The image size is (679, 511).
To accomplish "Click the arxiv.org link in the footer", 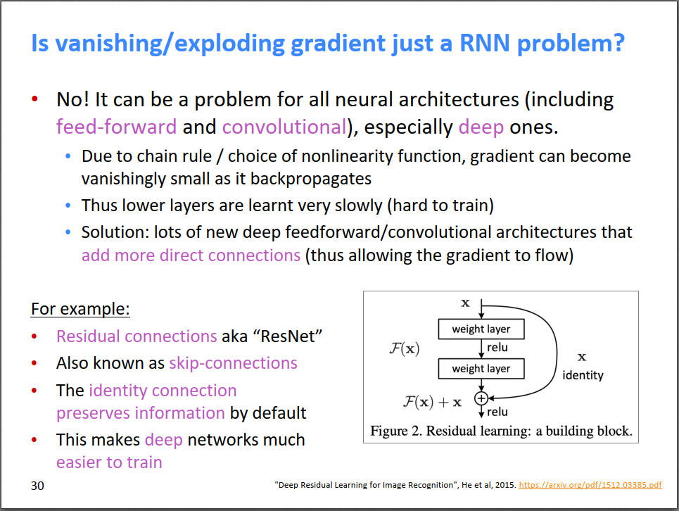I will [590, 486].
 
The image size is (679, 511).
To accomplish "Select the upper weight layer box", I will [481, 329].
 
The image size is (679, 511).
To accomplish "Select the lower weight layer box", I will [481, 368].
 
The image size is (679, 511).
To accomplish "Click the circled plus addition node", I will [481, 398].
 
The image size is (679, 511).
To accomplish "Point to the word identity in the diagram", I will [583, 375].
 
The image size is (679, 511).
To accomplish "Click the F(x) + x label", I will [432, 402].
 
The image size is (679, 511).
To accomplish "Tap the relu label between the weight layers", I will [497, 348].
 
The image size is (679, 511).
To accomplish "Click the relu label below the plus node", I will [497, 412].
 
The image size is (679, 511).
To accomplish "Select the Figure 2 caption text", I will [501, 431].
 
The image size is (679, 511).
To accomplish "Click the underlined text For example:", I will [80, 309].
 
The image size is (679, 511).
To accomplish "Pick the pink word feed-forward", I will [116, 127].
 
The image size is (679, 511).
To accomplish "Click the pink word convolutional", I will [284, 127].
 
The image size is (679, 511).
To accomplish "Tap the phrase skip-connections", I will [233, 363].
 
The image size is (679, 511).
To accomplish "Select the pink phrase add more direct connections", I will [191, 255].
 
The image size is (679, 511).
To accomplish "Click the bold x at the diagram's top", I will [465, 303].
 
